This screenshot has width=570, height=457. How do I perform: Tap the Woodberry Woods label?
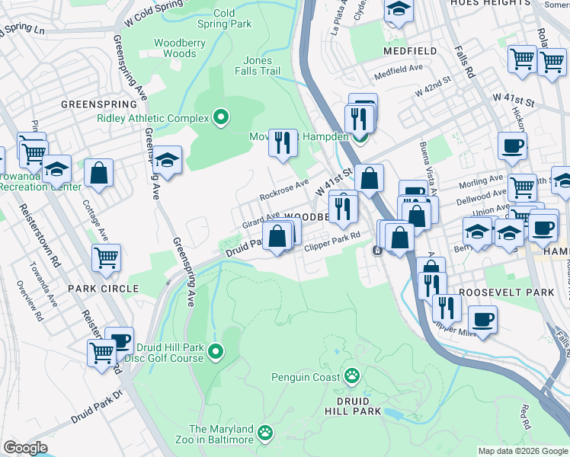tap(180, 49)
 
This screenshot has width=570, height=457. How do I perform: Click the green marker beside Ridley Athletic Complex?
tap(221, 117)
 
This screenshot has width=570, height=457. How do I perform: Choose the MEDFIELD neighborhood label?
tap(410, 51)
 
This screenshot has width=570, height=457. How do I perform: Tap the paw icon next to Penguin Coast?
tap(351, 376)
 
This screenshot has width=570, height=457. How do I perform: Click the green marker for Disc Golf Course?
tap(216, 352)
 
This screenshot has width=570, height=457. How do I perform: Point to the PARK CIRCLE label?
tap(103, 289)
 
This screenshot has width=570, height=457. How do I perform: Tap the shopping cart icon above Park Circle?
tap(106, 257)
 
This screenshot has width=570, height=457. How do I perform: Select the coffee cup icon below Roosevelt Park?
tap(482, 318)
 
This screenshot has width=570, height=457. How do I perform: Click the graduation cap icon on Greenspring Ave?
tap(166, 160)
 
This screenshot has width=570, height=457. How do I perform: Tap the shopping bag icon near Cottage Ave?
tap(99, 172)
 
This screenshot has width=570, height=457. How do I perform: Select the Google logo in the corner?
tap(25, 447)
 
